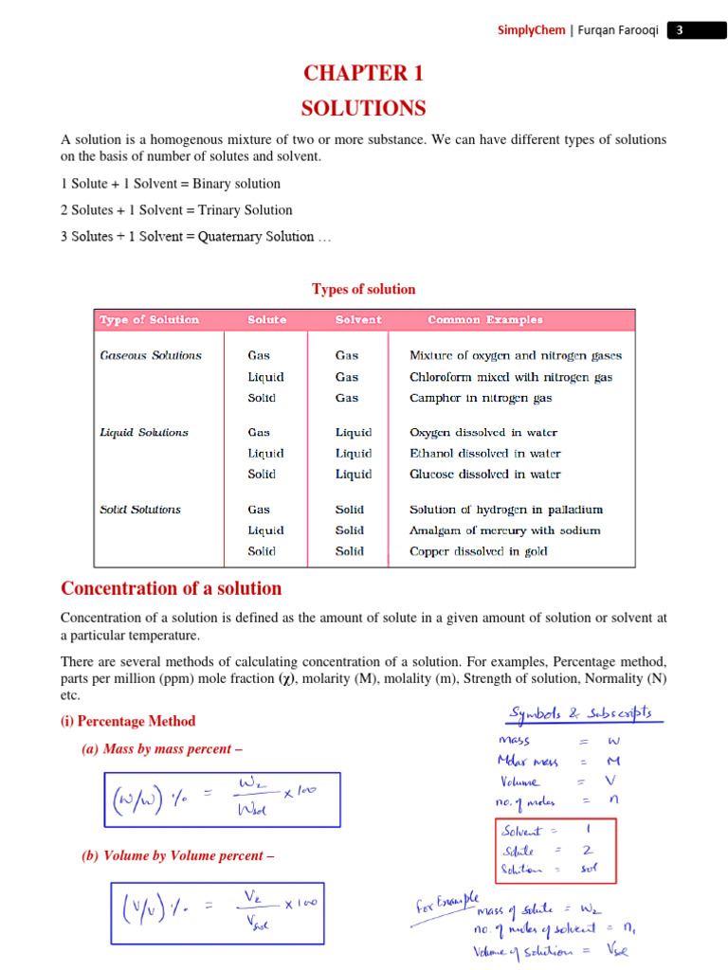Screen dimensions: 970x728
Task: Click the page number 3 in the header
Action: (679, 30)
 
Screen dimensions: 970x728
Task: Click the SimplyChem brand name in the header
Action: (532, 30)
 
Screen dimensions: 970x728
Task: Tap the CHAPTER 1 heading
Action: (363, 74)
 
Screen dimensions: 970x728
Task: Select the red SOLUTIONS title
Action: (363, 108)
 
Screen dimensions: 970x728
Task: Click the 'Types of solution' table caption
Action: (363, 289)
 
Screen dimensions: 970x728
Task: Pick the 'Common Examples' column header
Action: (485, 320)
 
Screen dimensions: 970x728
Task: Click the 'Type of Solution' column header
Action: (150, 320)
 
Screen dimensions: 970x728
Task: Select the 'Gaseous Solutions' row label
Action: (151, 356)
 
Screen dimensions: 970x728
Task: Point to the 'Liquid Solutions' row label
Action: (144, 433)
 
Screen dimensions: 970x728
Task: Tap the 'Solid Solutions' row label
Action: (140, 510)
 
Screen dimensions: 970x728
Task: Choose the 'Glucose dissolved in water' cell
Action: (484, 475)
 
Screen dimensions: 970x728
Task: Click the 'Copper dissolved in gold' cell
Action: (478, 551)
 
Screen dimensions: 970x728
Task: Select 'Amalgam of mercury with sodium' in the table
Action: (504, 530)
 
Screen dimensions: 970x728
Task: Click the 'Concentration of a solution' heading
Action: (172, 588)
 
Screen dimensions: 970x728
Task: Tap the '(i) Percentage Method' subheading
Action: (128, 721)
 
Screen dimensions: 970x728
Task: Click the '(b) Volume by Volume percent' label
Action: (178, 855)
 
